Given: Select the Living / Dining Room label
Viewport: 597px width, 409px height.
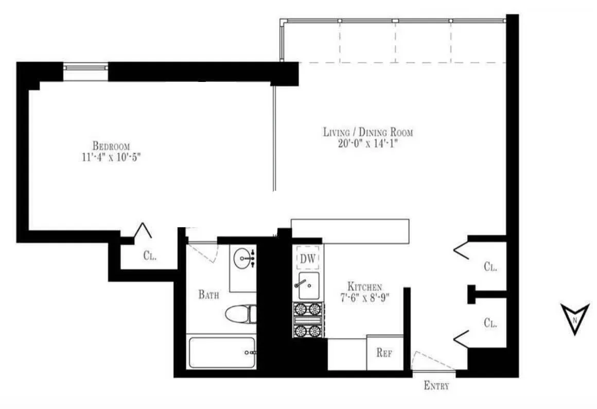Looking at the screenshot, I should point(368,132).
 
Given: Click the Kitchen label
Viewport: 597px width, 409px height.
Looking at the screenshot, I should point(364,286).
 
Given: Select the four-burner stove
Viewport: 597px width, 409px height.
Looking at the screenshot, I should point(308,319).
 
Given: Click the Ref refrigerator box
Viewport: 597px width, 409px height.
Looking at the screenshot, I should point(384,353).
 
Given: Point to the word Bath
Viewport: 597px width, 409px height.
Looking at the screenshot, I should point(209,295).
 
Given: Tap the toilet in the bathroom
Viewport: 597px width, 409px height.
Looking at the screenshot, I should point(240,314).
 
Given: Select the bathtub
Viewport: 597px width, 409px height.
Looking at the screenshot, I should point(221,353).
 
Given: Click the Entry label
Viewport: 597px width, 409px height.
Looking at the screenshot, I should point(436,385).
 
